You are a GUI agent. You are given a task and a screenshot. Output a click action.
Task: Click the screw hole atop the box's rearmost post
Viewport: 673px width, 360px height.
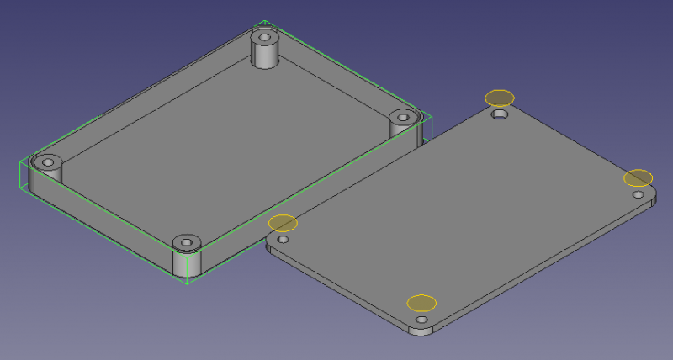coord(265,38)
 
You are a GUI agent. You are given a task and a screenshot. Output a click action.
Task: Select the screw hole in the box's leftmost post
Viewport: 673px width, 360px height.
coord(48,161)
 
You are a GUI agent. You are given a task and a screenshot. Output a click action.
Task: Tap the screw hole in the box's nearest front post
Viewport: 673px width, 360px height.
coord(188,243)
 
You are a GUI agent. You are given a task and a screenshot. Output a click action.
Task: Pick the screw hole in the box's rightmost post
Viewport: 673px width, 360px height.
coord(402,118)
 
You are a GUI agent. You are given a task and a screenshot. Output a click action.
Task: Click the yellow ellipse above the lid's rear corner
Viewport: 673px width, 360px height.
coord(499,98)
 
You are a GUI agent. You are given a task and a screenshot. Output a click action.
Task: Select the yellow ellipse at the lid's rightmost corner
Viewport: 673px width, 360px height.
coord(638,177)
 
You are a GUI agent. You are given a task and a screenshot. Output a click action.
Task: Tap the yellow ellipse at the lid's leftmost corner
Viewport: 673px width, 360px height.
coord(283,223)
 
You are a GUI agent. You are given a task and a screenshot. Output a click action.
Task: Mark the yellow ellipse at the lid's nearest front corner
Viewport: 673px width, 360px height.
coord(421,303)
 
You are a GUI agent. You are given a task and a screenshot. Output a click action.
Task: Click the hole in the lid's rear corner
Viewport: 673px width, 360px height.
coord(501,114)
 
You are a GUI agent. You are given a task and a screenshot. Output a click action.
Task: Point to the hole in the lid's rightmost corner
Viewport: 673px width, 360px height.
coord(639,194)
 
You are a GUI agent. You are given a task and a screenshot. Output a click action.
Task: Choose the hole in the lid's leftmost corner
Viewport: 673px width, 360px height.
coord(284,240)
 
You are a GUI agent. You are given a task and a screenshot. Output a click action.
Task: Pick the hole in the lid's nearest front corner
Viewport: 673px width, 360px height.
coord(421,320)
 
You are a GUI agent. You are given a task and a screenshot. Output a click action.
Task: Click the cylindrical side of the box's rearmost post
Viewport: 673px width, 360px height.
coord(267,58)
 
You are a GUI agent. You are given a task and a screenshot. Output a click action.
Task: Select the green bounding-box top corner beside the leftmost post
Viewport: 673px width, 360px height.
coord(19,161)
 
